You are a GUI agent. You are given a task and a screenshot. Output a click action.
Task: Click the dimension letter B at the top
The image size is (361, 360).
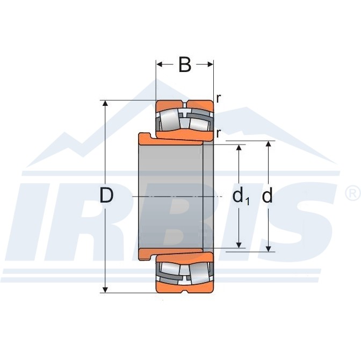(185, 64)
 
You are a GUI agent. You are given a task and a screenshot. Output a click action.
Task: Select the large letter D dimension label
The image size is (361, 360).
(106, 196)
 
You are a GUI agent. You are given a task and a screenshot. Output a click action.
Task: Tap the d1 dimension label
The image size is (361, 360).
(241, 196)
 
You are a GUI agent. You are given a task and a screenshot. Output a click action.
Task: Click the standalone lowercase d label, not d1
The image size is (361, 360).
(268, 196)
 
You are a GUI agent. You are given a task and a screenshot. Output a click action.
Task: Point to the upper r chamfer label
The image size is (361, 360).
(219, 98)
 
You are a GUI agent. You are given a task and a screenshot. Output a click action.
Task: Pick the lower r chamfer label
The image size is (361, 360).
(219, 133)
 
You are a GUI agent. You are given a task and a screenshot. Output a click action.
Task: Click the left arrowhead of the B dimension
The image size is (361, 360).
(160, 64)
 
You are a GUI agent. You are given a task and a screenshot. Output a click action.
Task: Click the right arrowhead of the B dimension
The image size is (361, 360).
(211, 64)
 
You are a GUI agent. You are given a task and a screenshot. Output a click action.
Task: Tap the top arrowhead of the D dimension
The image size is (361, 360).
(105, 103)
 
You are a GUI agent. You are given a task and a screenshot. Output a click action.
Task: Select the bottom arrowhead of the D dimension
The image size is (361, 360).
(105, 290)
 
